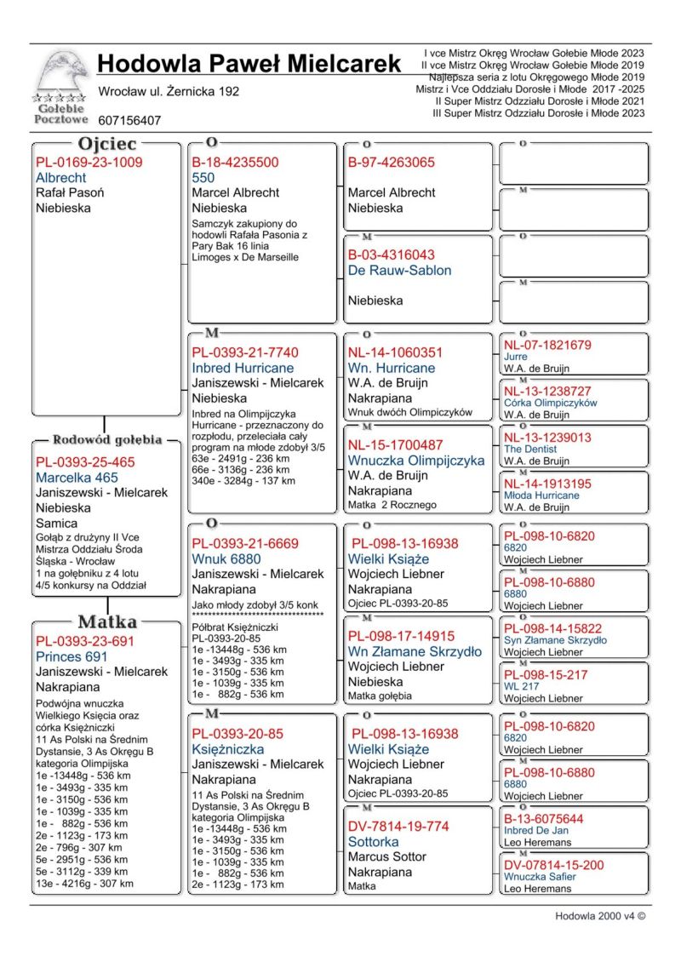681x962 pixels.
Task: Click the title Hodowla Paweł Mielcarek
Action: tap(249, 63)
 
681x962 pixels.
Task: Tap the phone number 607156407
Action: tap(129, 121)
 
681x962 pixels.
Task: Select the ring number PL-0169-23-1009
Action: tap(89, 163)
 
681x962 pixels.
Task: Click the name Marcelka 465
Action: tap(77, 478)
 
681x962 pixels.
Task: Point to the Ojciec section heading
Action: tap(107, 144)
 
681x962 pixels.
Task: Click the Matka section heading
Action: tap(107, 621)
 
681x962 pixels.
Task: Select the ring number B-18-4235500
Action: tap(235, 163)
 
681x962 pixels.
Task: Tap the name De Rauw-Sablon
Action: tap(399, 271)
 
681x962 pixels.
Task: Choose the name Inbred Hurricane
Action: tap(243, 368)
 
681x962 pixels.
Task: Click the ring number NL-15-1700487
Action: tap(395, 445)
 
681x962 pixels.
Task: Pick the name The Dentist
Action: tap(530, 449)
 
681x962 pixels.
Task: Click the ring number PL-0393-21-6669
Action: tap(245, 543)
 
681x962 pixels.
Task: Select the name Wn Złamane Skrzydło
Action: tap(415, 651)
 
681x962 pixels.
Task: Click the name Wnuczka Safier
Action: tap(540, 876)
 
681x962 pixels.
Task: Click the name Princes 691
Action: tap(72, 656)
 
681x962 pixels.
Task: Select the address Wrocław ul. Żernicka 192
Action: tap(169, 91)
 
